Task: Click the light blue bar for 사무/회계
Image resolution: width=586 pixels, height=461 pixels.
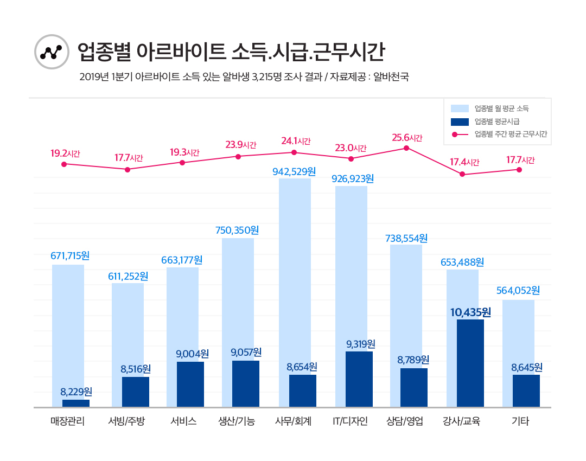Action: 295,271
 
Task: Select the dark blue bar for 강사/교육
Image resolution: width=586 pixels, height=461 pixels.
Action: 470,363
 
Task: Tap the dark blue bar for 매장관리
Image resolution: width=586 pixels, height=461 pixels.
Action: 76,403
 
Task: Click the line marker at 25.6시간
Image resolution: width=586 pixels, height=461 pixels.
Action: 406,148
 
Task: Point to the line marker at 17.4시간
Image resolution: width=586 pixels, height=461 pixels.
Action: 462,174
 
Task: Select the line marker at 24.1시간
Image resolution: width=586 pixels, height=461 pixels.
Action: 294,152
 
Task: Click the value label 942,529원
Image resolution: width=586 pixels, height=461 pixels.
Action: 294,172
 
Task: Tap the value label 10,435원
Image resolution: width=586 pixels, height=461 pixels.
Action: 470,312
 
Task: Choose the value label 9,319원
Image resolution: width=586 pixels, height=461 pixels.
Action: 361,344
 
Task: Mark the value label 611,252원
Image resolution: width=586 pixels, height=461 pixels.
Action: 128,276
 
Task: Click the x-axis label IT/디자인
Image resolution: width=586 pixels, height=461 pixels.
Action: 350,421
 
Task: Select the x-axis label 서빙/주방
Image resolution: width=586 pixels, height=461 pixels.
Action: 127,421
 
